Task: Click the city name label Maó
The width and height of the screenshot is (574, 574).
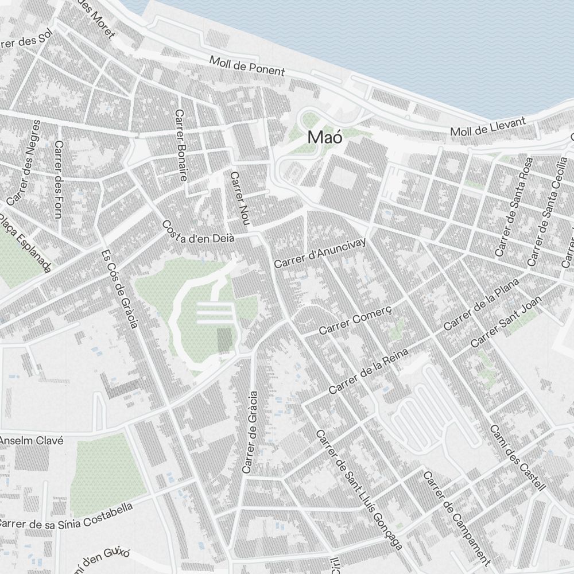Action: click(325, 138)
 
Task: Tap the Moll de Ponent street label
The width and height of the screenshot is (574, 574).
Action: click(247, 66)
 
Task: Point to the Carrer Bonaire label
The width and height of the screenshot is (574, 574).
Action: click(181, 146)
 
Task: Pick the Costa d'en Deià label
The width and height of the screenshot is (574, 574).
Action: click(198, 232)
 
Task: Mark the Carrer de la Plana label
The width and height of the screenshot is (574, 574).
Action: click(481, 304)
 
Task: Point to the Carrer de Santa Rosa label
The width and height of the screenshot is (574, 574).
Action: click(514, 207)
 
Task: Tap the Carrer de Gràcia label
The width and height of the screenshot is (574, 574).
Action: click(250, 432)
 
